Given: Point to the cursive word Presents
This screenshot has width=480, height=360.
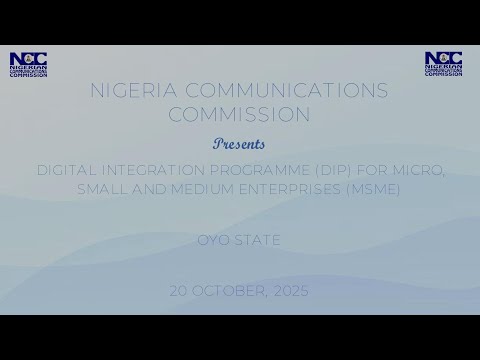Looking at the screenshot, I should [x=240, y=142].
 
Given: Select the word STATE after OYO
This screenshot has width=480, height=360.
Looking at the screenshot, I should [x=258, y=241].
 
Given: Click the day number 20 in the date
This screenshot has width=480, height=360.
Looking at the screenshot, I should [x=180, y=290].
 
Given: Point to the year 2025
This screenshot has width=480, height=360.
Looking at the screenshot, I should [x=291, y=290].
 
